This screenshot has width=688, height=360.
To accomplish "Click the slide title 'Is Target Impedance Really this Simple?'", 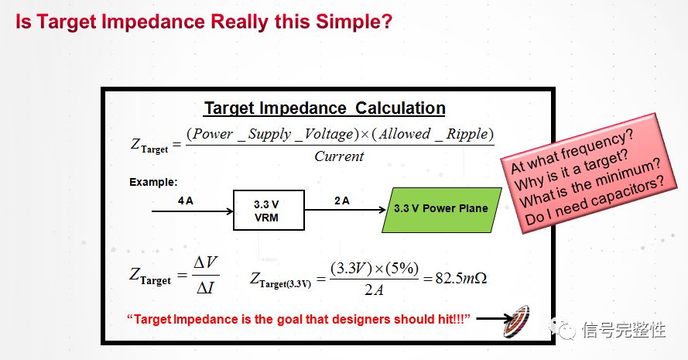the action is click(204, 22).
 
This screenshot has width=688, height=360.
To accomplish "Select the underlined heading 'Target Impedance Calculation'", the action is click(324, 108).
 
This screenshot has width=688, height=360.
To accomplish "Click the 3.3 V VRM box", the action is click(269, 211).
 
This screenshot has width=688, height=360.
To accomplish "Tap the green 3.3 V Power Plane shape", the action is click(441, 210).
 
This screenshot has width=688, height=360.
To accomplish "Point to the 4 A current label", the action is click(186, 201).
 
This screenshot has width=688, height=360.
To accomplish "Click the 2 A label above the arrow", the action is click(342, 201).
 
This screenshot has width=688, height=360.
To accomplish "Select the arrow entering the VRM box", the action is click(192, 211).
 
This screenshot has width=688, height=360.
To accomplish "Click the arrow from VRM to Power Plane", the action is click(345, 210).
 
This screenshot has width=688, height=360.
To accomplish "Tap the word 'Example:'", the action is click(153, 182).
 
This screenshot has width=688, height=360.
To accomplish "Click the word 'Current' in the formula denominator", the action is click(339, 156).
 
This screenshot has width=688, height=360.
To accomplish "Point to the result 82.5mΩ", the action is click(460, 279).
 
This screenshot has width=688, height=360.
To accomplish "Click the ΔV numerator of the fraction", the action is click(205, 263).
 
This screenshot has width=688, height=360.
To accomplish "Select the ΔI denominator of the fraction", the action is click(205, 288).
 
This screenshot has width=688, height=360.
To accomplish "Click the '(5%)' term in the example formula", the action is click(402, 268).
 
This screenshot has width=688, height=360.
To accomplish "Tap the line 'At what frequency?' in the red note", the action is click(572, 151).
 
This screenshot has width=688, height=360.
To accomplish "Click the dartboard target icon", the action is click(517, 322).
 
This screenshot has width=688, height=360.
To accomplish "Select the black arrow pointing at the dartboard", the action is click(495, 318).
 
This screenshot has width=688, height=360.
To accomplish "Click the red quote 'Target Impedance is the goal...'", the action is click(299, 319).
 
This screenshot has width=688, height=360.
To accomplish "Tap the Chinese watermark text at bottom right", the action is click(624, 330).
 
